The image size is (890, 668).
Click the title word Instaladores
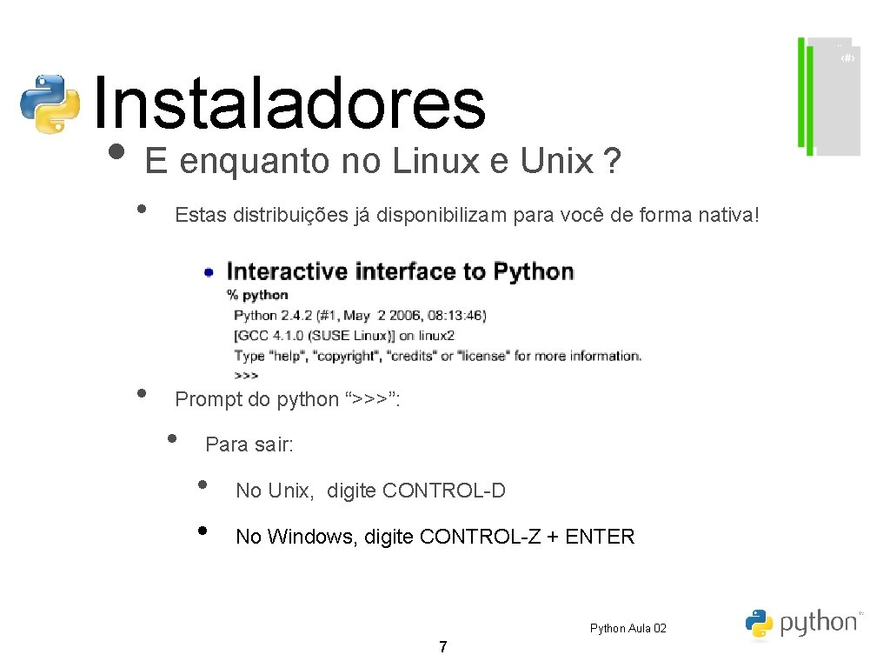tap(287, 104)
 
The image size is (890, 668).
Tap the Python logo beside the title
tap(50, 104)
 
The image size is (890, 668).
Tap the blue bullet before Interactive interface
tap(209, 272)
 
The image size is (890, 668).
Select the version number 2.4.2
tap(299, 315)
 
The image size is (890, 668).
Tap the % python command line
tap(257, 295)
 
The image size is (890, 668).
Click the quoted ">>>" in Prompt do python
tap(371, 399)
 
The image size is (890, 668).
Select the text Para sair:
tap(249, 444)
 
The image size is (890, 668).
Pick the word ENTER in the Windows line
tap(600, 537)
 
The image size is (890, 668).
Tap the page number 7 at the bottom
tap(443, 646)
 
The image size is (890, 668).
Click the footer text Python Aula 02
tap(628, 628)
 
